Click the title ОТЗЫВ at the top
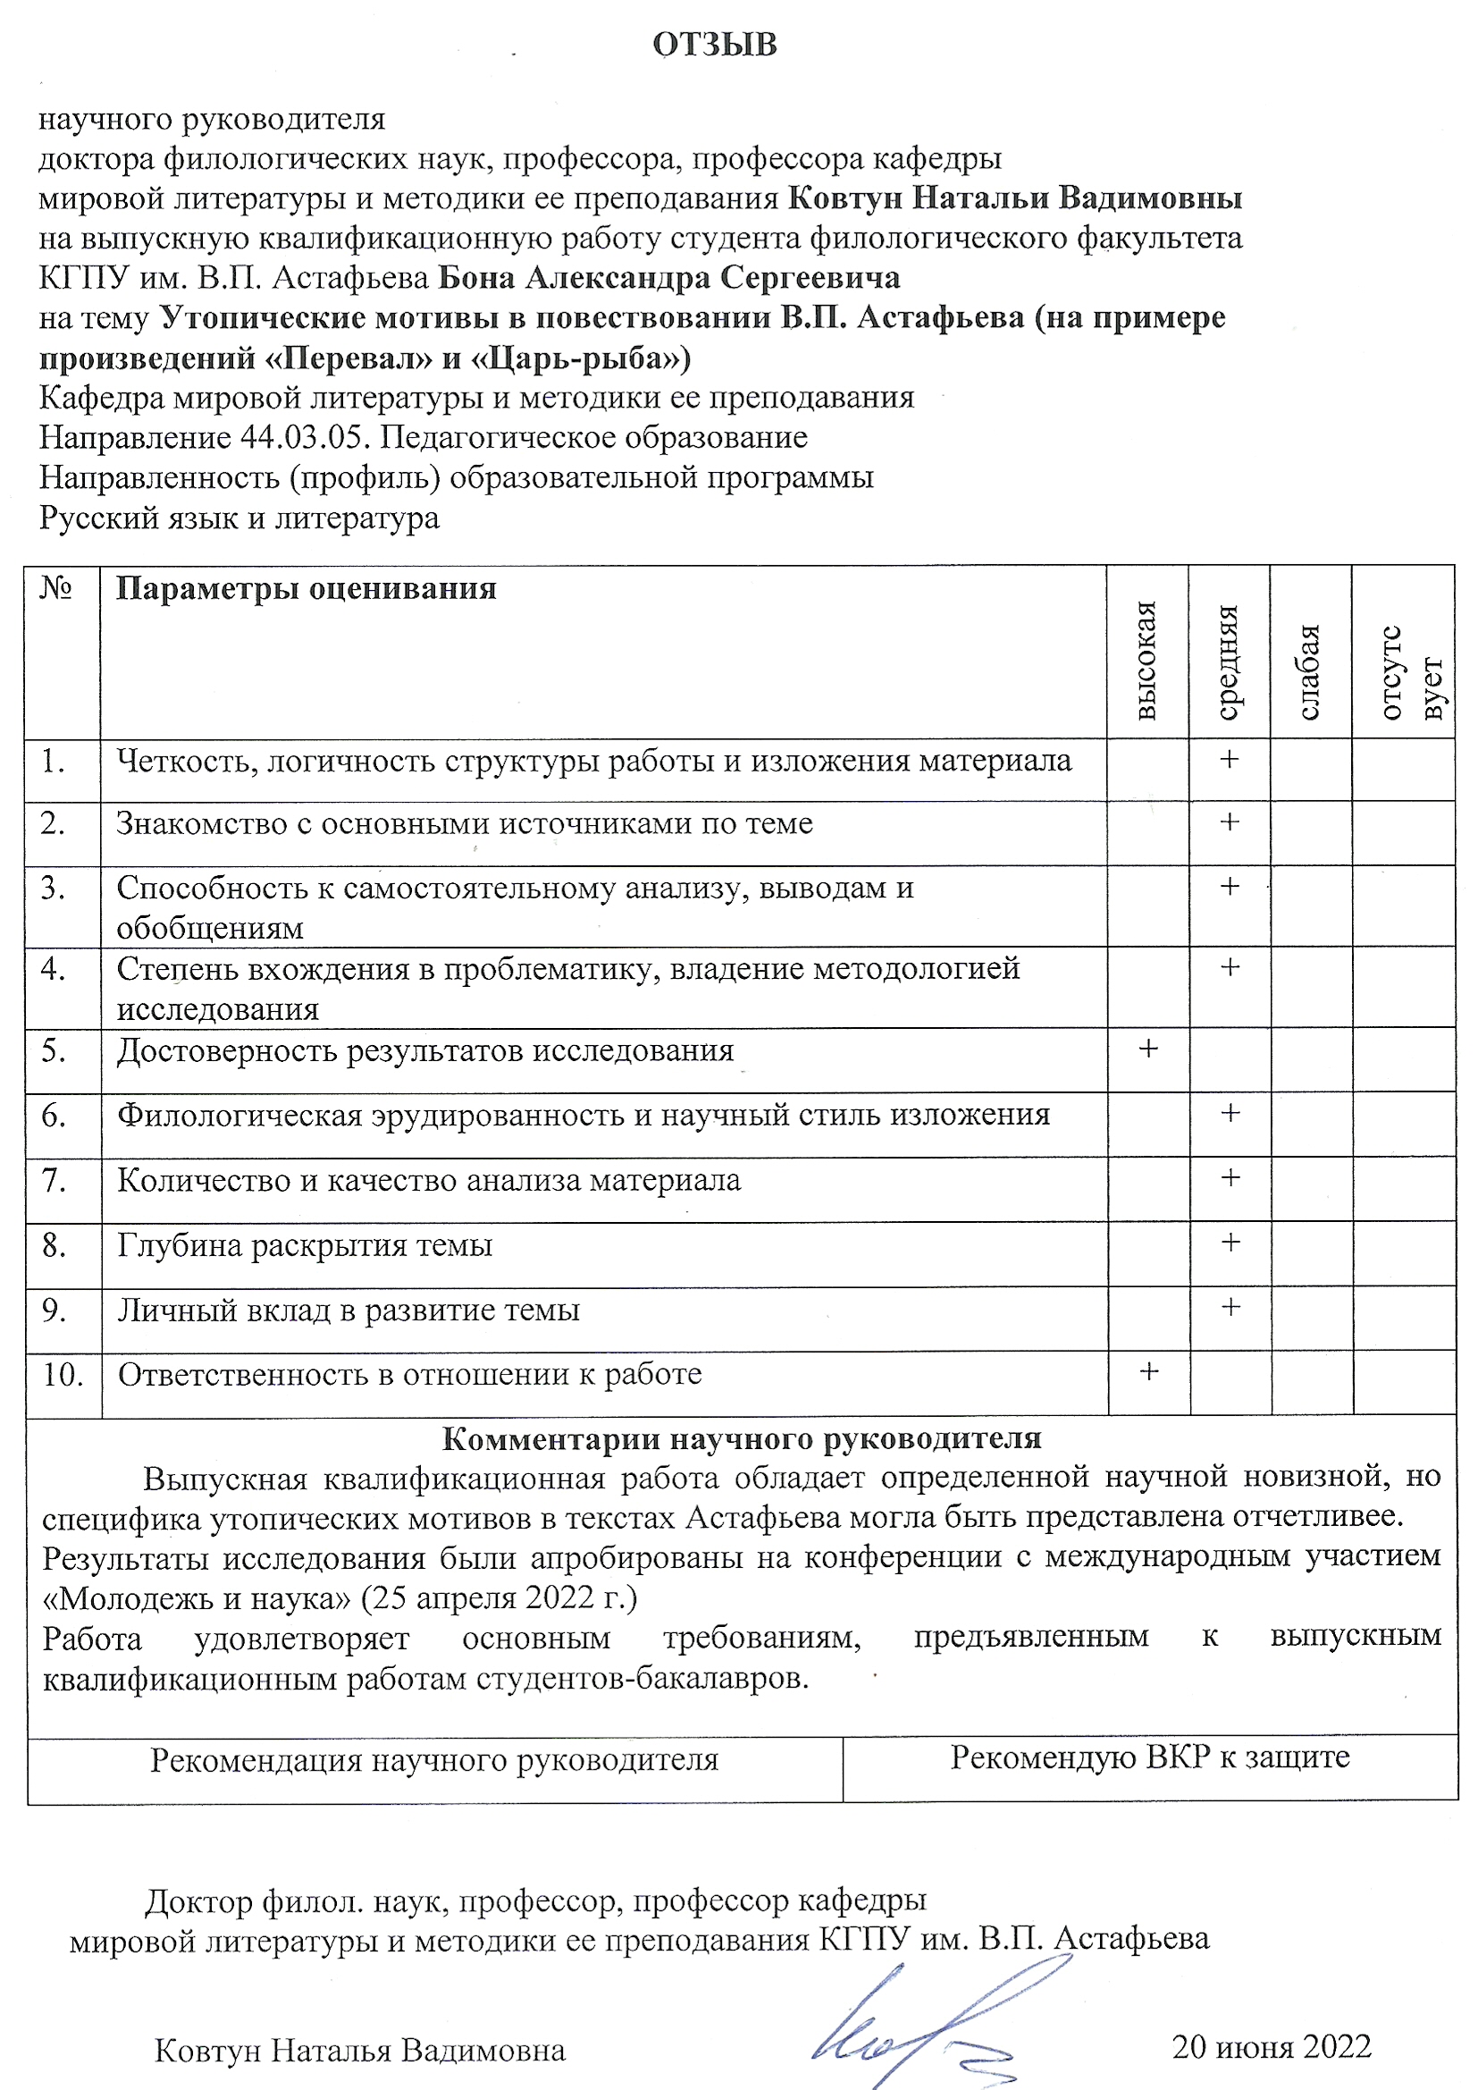715,45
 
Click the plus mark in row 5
1148,1049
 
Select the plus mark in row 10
1149,1371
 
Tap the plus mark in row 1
1230,759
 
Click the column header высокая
1146,660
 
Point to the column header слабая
1309,672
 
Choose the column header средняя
1229,662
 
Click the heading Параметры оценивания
306,588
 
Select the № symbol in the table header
56,588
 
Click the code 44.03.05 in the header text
304,438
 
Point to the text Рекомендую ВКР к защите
1149,1756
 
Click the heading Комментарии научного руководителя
741,1438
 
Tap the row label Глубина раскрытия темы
305,1244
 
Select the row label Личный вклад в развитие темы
349,1309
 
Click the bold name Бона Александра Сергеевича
669,278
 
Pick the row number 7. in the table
54,1180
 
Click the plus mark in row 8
1230,1242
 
